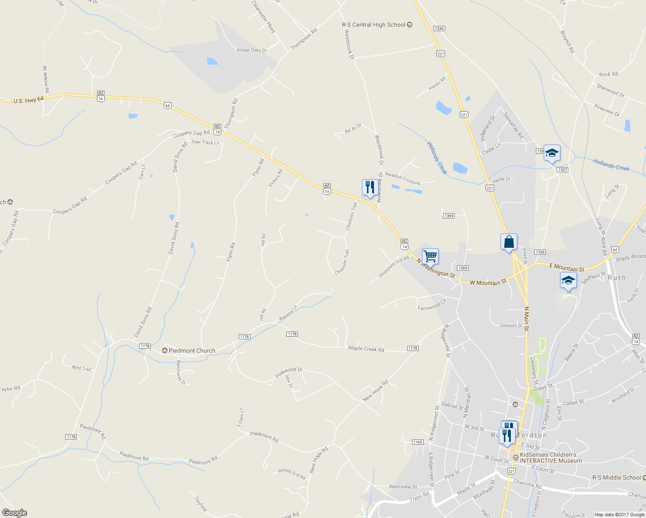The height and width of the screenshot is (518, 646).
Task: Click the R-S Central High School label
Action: click(374, 25)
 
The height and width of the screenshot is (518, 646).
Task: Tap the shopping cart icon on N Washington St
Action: click(430, 256)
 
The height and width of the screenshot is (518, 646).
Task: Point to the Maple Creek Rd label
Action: click(366, 349)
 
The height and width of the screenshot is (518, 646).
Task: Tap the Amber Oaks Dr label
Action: click(252, 50)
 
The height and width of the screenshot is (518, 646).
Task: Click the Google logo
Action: click(14, 512)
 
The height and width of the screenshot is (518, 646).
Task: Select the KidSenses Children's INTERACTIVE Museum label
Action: click(551, 458)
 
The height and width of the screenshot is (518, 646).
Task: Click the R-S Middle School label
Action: click(616, 477)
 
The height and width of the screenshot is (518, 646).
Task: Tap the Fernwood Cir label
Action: click(432, 306)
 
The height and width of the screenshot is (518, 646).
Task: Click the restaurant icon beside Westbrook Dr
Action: click(369, 188)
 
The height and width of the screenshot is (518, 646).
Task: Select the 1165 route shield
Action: click(418, 442)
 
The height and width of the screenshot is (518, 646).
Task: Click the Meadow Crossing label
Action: click(402, 178)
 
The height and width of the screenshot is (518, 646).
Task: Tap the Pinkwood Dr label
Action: click(289, 372)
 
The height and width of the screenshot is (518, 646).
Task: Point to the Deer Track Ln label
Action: click(205, 142)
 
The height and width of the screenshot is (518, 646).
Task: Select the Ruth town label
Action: click(616, 278)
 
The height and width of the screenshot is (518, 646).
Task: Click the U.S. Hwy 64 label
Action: click(28, 100)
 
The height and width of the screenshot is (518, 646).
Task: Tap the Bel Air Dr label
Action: click(353, 128)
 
